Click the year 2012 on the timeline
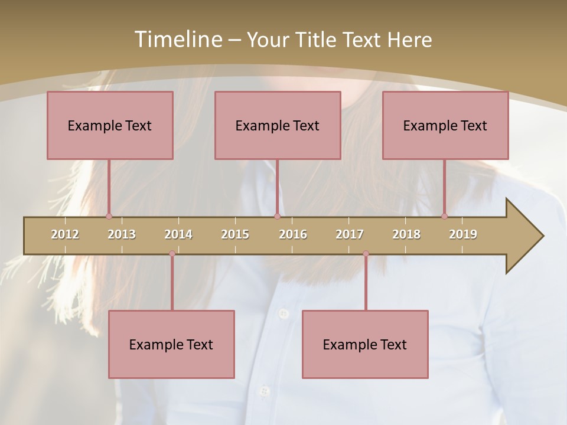click(65, 234)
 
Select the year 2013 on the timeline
click(122, 234)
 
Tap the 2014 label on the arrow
click(178, 234)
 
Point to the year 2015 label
click(235, 234)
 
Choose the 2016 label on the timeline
click(293, 234)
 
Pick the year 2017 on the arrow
click(350, 234)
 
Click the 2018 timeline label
click(406, 234)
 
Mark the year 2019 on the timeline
click(463, 234)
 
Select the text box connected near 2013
click(110, 125)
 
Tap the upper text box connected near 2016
click(278, 125)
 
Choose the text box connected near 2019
click(445, 125)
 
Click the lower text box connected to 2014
click(171, 344)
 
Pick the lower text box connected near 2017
click(365, 344)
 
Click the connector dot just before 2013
click(109, 217)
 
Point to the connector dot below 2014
click(172, 254)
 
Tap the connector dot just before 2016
click(277, 217)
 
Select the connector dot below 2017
click(366, 254)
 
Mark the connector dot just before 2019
click(444, 217)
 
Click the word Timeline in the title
click(178, 39)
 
